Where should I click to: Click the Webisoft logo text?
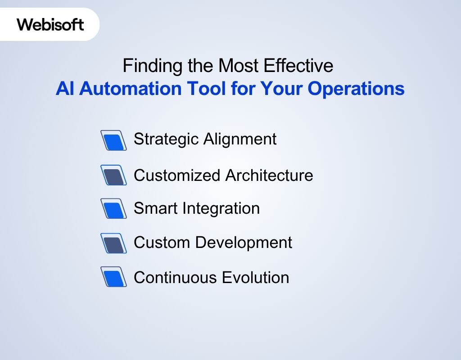pyautogui.click(x=50, y=24)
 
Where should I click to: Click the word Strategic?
pyautogui.click(x=166, y=139)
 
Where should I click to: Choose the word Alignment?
pyautogui.click(x=240, y=139)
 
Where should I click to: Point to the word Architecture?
pyautogui.click(x=269, y=175)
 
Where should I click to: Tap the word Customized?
pyautogui.click(x=177, y=175)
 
